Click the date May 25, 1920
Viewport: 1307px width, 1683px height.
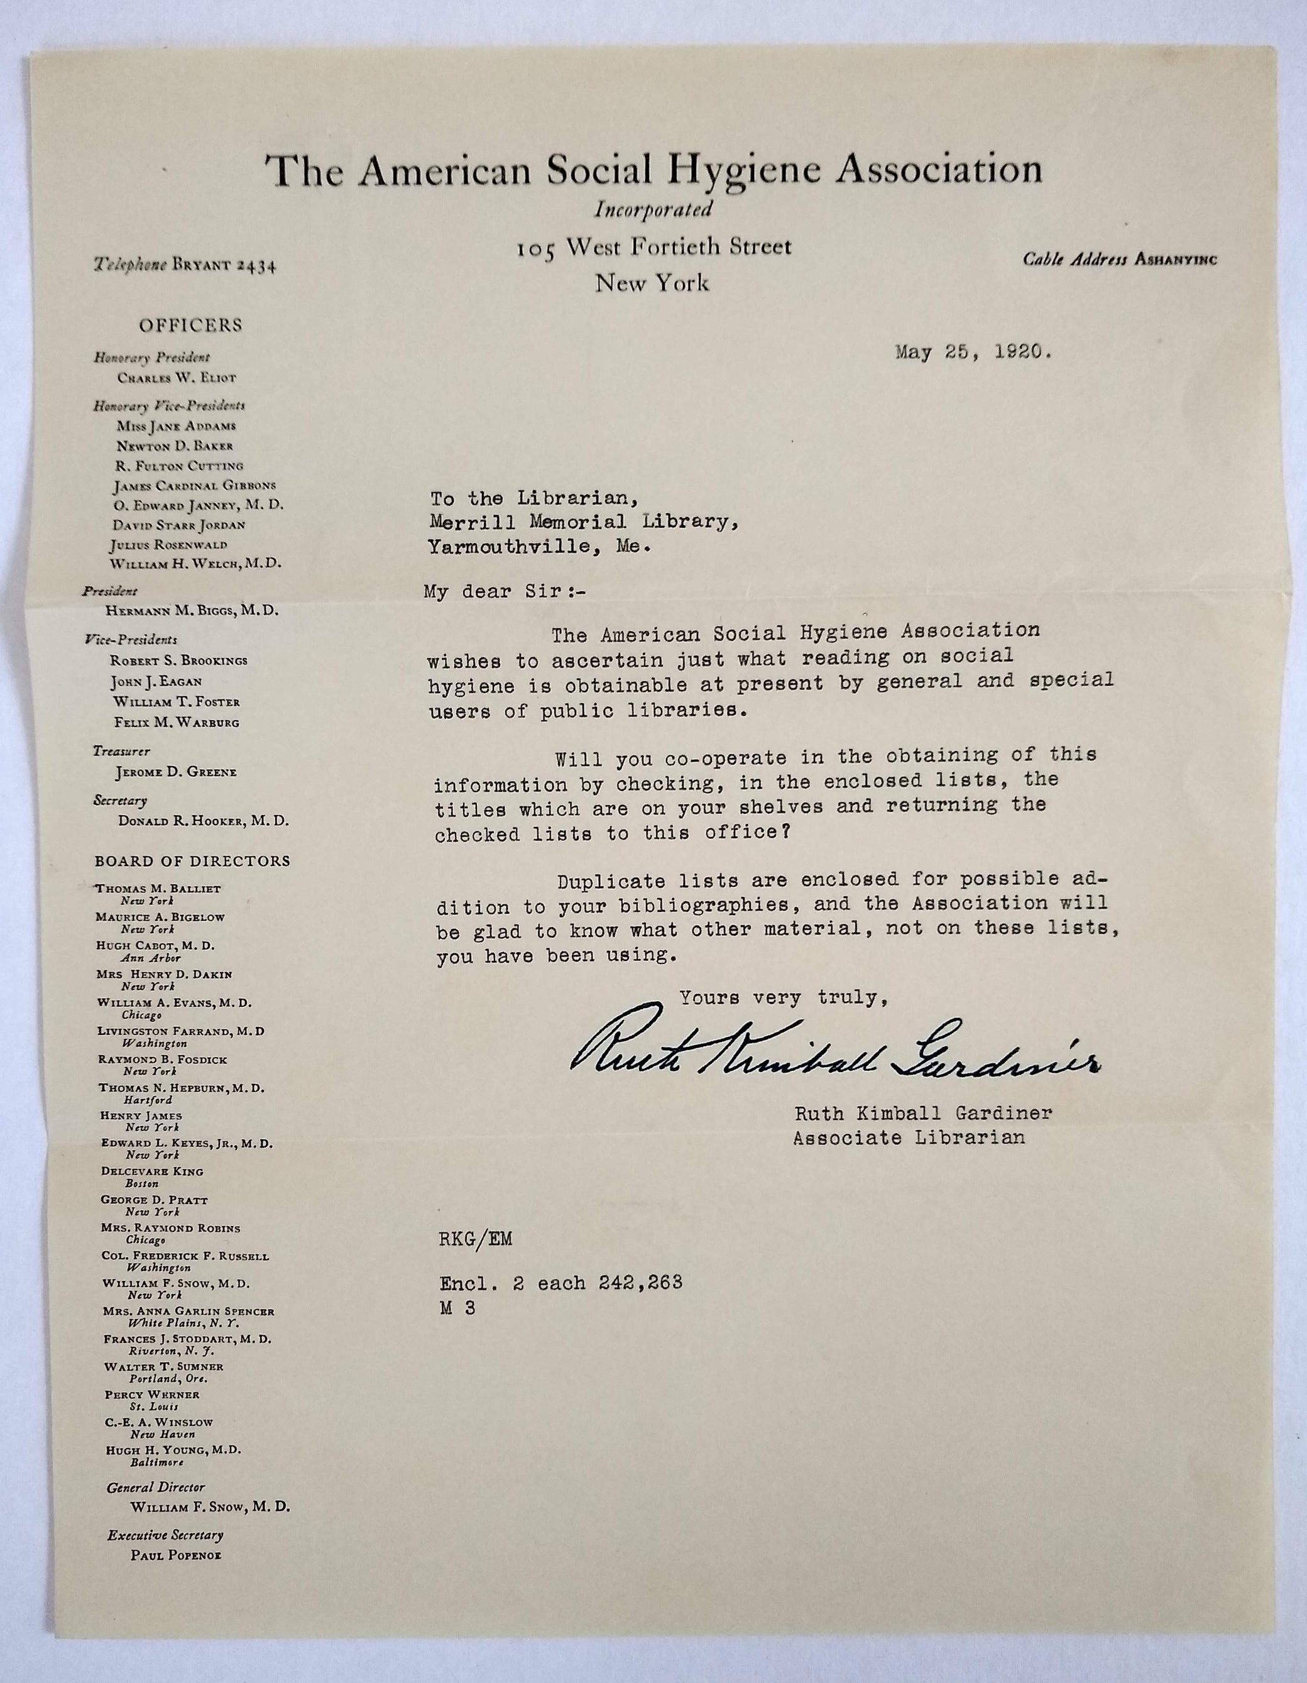pyautogui.click(x=973, y=353)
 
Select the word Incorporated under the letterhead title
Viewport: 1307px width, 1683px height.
pyautogui.click(x=653, y=209)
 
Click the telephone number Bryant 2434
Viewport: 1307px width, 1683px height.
pyautogui.click(x=185, y=266)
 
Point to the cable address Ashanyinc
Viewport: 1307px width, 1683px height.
pyautogui.click(x=1120, y=260)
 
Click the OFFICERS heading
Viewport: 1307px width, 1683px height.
pyautogui.click(x=190, y=325)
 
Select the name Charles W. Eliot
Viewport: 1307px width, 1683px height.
pyautogui.click(x=177, y=378)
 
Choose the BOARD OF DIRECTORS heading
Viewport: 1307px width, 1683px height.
pyautogui.click(x=192, y=861)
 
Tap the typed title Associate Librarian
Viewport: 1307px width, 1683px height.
pyautogui.click(x=909, y=1138)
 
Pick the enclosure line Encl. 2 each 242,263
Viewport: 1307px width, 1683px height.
pyautogui.click(x=561, y=1284)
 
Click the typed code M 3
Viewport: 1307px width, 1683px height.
pyautogui.click(x=457, y=1308)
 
